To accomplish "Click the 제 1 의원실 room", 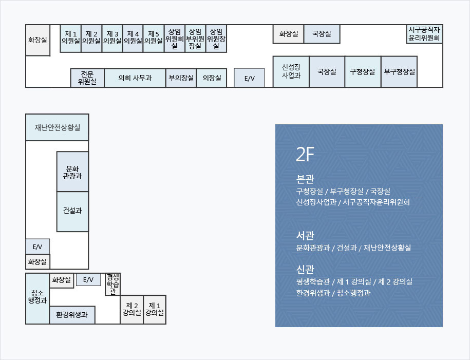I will click(70, 38).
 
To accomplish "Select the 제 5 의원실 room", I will click(154, 38).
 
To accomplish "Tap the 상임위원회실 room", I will click(174, 39).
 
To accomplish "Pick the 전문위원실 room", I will click(87, 78).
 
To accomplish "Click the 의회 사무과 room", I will click(135, 78).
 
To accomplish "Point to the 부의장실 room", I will click(181, 78).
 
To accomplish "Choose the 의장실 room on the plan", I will click(212, 78).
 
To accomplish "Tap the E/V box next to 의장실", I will click(249, 78).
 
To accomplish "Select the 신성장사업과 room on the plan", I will click(291, 71).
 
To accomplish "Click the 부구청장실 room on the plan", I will click(399, 71).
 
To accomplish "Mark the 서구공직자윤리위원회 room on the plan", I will click(424, 34).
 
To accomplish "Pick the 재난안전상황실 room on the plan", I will click(57, 127).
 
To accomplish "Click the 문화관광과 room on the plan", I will click(72, 172).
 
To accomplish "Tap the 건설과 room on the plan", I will click(72, 211).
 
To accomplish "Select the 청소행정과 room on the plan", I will click(37, 298).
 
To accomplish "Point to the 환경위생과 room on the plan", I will click(72, 314).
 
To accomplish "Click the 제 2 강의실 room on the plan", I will click(131, 309).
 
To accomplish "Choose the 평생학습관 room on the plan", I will click(112, 284).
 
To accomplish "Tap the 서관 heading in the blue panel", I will click(305, 236).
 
